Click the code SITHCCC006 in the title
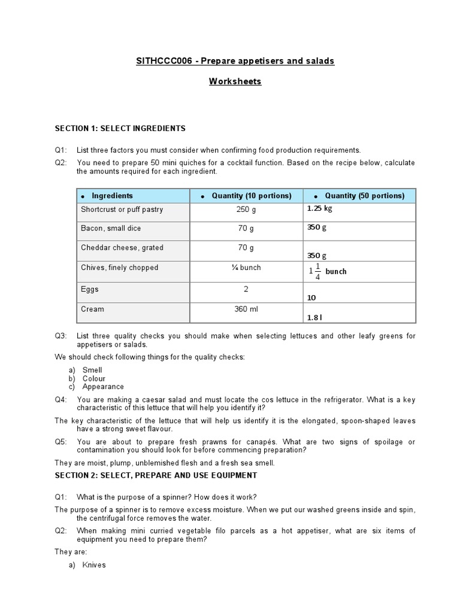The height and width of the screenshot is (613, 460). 157,61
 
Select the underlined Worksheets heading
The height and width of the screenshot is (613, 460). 235,81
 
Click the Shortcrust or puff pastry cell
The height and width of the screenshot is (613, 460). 122,210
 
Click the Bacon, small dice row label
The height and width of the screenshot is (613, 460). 111,229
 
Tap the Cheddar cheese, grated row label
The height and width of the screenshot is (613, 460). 122,248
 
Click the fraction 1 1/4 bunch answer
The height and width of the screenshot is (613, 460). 328,271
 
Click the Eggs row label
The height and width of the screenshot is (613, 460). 90,289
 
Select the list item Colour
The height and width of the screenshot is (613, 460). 93,378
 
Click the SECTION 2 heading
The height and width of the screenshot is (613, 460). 156,475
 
